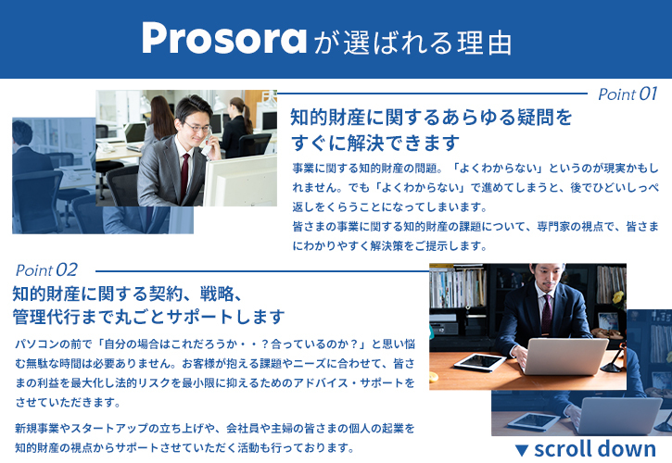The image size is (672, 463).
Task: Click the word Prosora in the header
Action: [x=224, y=38]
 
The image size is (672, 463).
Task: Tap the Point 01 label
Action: [x=628, y=94]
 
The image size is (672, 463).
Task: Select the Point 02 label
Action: [x=46, y=269]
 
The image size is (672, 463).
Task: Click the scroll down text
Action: [x=595, y=449]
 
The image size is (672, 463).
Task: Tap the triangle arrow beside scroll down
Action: [x=522, y=450]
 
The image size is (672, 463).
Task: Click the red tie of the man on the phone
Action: [x=184, y=176]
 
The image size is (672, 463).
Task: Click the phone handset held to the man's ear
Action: [x=208, y=145]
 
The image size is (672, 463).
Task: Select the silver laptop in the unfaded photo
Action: [x=564, y=357]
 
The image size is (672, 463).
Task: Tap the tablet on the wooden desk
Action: [x=480, y=362]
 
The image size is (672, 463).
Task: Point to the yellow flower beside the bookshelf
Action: [x=618, y=297]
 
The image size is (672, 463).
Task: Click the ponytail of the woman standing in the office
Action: [x=247, y=116]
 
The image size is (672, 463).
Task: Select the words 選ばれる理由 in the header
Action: [x=427, y=43]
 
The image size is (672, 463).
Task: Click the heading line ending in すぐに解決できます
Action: [x=375, y=143]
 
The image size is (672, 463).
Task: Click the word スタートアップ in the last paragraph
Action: [x=109, y=429]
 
